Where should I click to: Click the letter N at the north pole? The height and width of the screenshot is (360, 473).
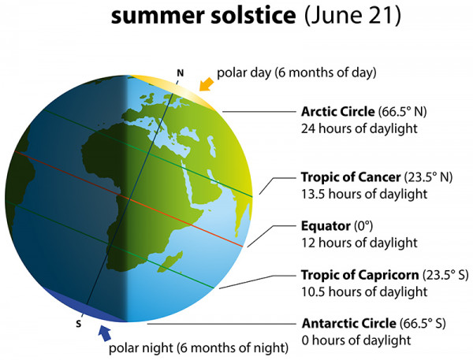181,74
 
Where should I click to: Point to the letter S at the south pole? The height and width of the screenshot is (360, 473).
78,323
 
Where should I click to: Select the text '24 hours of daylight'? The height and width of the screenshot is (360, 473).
356,128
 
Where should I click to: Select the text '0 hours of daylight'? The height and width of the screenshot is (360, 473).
352,340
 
